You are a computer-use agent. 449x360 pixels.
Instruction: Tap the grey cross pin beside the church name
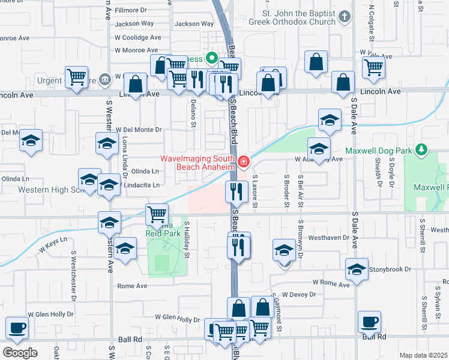(x=345, y=16)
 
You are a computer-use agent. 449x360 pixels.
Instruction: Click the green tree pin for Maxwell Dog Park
(x=423, y=148)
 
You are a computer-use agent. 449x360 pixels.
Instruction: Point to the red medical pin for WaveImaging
(x=244, y=161)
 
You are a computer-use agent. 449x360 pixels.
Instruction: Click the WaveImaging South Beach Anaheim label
(x=199, y=163)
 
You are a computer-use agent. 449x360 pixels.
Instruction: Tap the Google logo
(x=20, y=353)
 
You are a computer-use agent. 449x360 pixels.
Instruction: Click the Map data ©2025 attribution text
(x=423, y=355)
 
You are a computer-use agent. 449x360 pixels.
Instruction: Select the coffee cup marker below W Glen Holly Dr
(x=17, y=328)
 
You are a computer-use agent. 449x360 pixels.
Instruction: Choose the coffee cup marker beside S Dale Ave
(x=368, y=322)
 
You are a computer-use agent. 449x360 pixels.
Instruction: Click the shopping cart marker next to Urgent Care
(x=76, y=77)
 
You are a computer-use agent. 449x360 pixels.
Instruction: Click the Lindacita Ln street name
(x=142, y=185)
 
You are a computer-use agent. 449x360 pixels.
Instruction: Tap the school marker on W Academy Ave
(x=319, y=148)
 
